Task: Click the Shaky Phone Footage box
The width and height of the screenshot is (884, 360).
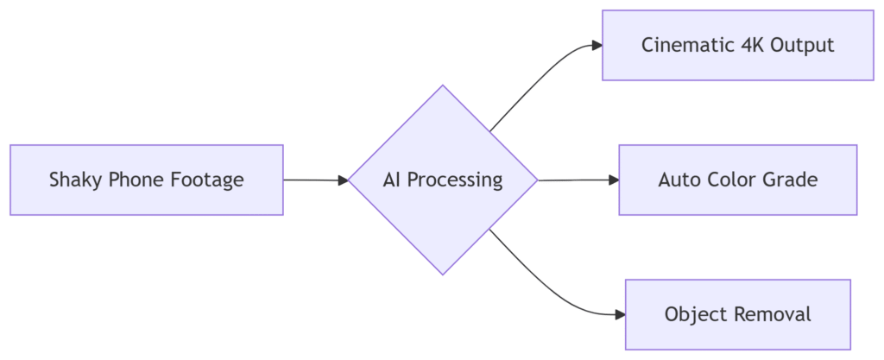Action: click(x=146, y=180)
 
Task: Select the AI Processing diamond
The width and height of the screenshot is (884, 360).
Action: click(x=442, y=180)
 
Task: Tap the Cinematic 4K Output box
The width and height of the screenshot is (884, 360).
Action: click(x=737, y=46)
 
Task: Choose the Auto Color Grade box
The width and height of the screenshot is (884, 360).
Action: click(x=737, y=180)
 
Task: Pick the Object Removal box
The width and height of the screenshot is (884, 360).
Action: click(x=737, y=314)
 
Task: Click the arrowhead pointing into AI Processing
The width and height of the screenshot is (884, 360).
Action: click(x=343, y=180)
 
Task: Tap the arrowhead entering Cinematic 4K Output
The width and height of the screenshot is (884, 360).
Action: click(x=596, y=46)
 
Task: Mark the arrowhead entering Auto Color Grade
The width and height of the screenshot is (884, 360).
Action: click(x=614, y=180)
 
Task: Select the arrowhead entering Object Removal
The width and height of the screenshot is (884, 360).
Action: click(x=619, y=314)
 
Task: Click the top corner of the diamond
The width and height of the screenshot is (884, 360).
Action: click(x=443, y=86)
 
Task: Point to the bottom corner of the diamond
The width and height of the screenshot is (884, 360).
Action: click(x=443, y=274)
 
